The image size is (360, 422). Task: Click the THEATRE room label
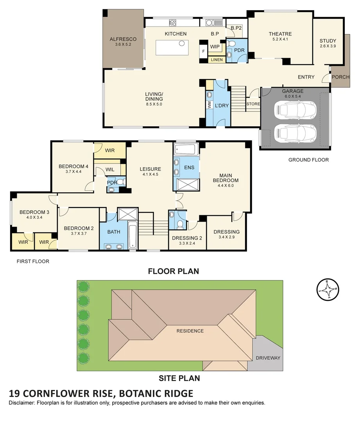coord(280,34)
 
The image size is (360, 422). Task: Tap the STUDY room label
coord(328,41)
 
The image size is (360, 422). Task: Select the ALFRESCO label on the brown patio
coord(123,39)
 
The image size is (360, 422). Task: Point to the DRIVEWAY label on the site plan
coord(268,358)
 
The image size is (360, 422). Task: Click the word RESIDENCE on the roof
coord(190,331)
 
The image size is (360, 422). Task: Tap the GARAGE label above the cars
coord(293,91)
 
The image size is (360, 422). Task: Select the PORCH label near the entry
coord(340,77)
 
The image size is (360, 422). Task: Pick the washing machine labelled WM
coord(209,105)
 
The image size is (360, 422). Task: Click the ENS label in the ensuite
coord(189,167)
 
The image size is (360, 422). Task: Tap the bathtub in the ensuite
coord(186,149)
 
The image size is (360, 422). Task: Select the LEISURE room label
coord(150,169)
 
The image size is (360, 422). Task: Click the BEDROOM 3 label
coord(34,212)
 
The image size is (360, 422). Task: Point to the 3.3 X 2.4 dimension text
coord(187,243)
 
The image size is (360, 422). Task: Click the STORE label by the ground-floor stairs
coord(253,104)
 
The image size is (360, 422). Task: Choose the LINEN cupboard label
coord(217,60)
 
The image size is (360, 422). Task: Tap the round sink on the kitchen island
coord(182,43)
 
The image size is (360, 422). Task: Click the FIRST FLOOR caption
coord(33,261)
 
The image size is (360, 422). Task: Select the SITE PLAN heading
coord(179,378)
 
